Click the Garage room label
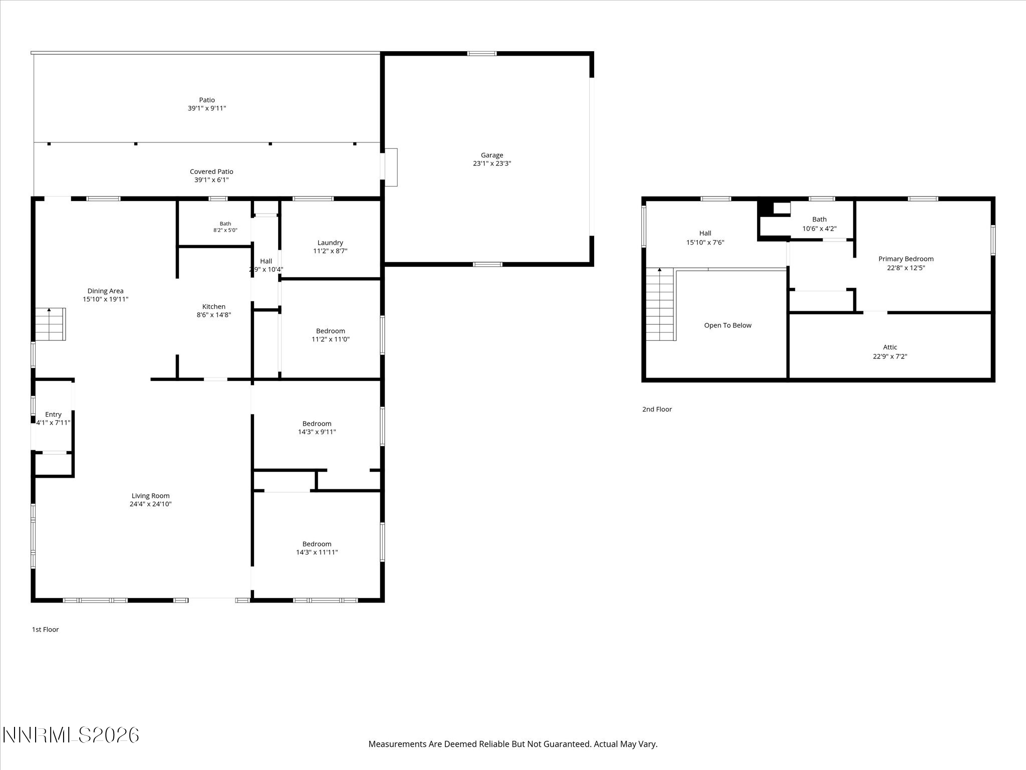[491, 155]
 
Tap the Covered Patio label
[211, 171]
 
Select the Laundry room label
[330, 243]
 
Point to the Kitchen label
[214, 307]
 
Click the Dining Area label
[105, 291]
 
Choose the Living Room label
[150, 496]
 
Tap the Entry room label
[53, 415]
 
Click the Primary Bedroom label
[906, 259]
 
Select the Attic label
[890, 347]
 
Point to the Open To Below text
[727, 325]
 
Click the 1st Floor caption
[45, 629]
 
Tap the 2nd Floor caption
[657, 409]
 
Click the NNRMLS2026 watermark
[71, 735]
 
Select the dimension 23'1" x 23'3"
[491, 163]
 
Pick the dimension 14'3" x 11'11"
[317, 552]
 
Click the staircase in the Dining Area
[50, 324]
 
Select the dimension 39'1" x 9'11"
[207, 108]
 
